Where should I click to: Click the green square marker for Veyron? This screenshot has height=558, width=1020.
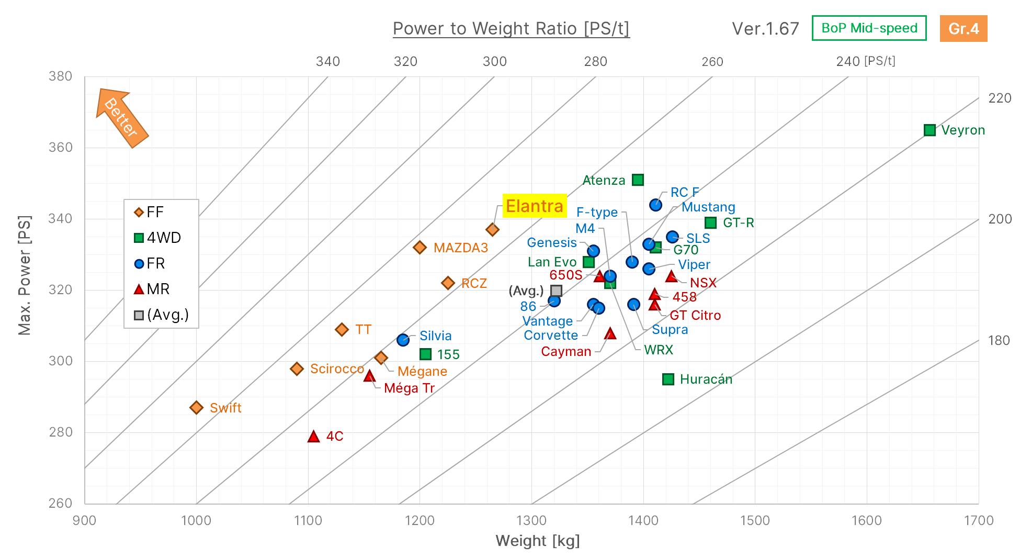pyautogui.click(x=930, y=130)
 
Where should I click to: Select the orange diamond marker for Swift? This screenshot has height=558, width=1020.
pyautogui.click(x=196, y=407)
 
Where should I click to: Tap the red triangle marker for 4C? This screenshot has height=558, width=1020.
pyautogui.click(x=313, y=437)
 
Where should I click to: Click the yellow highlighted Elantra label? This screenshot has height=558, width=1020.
pyautogui.click(x=535, y=206)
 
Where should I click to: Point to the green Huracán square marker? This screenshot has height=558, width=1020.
pyautogui.click(x=668, y=380)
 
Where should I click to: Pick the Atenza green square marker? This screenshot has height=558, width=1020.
pyautogui.click(x=638, y=180)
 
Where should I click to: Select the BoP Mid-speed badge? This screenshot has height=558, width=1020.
pyautogui.click(x=869, y=28)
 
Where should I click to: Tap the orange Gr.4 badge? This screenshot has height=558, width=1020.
pyautogui.click(x=964, y=29)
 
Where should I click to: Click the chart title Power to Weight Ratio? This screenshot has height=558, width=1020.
pyautogui.click(x=511, y=29)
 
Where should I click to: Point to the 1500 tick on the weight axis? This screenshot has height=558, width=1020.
pyautogui.click(x=755, y=520)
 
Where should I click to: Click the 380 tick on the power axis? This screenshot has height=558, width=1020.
pyautogui.click(x=61, y=76)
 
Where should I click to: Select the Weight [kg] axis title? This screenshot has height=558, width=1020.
pyautogui.click(x=538, y=541)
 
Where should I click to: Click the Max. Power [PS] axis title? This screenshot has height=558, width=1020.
pyautogui.click(x=25, y=275)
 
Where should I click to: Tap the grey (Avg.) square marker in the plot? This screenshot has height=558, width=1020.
pyautogui.click(x=556, y=291)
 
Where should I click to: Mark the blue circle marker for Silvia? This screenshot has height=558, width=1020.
pyautogui.click(x=403, y=340)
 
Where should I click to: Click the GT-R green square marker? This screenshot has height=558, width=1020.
pyautogui.click(x=710, y=223)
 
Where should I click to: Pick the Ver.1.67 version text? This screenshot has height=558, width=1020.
pyautogui.click(x=765, y=29)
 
